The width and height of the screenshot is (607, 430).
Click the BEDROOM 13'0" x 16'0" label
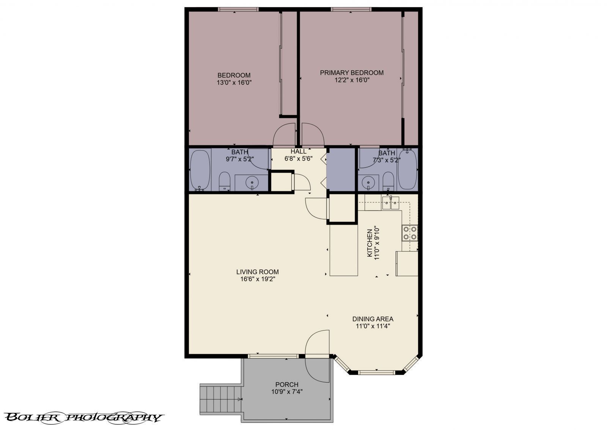pos(234,79)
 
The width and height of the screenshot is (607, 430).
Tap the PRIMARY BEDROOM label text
pos(352,76)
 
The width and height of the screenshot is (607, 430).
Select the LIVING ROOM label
pos(257,276)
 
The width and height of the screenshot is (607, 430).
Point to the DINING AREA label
pos(373,322)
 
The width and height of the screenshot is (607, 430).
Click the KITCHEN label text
pos(373,243)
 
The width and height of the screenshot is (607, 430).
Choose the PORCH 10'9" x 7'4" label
pos(286,388)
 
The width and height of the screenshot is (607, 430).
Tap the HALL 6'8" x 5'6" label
pos(298,155)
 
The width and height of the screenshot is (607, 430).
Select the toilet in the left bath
pos(224,181)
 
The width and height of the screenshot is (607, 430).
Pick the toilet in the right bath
pos(388,181)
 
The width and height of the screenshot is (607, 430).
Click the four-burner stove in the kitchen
pos(410,233)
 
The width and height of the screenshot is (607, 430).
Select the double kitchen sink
pos(391,202)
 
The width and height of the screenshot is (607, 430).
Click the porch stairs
pos(221,399)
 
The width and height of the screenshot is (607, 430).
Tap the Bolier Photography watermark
pos(84,417)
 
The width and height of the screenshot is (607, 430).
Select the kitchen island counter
pos(344,250)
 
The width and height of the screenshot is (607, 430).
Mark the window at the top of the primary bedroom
pos(351,9)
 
